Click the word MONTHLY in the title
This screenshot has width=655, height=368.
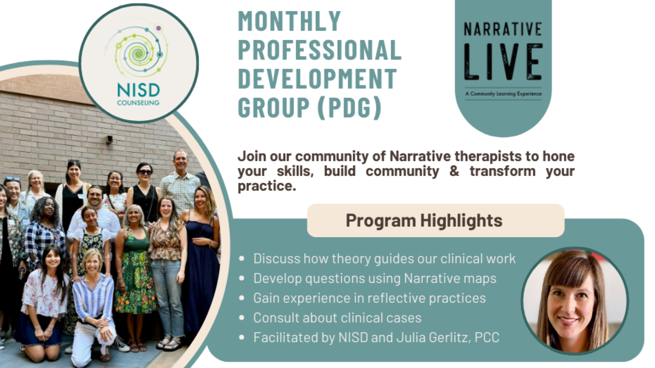290,21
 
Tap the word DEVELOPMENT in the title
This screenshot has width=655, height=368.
317,79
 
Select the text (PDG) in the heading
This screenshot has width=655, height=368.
349,107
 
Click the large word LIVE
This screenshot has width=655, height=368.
503,62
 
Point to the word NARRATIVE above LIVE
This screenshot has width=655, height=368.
503,29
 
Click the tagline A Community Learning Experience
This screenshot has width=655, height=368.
503,94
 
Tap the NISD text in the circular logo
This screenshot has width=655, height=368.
138,91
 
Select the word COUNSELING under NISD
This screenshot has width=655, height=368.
138,103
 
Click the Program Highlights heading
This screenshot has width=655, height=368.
424,220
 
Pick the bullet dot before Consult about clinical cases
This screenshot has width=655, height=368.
241,318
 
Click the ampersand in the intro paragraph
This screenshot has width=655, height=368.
454,171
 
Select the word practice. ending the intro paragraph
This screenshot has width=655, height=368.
267,186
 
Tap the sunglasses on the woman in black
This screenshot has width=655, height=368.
145,172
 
